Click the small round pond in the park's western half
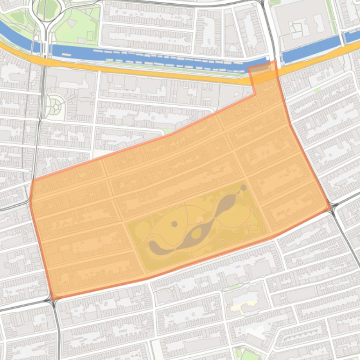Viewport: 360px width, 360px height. pos(174,224)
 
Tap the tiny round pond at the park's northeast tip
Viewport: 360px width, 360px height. pos(243,188)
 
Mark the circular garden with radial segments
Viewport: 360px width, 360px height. pos(56,105)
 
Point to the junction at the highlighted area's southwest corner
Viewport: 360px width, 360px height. pos(53,298)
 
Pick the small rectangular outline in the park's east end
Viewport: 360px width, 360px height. pos(253,228)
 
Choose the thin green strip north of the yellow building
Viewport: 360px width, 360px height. pos(234,287)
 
